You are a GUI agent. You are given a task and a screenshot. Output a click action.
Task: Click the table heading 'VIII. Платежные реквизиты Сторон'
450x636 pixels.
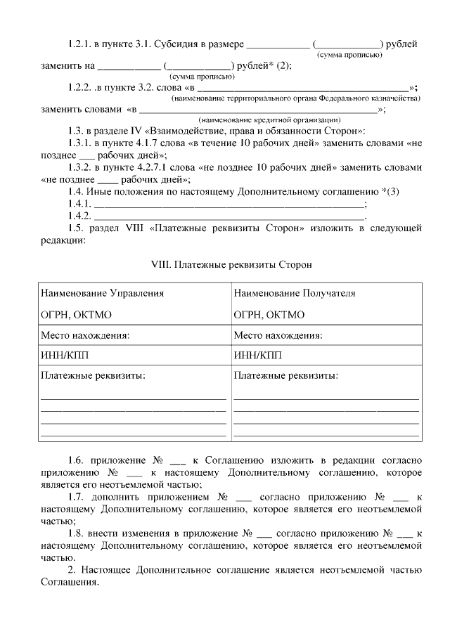pos(231,265)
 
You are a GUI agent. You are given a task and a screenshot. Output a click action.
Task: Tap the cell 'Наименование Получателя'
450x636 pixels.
pos(295,293)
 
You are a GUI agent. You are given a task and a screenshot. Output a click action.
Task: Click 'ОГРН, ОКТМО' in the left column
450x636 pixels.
pos(76,315)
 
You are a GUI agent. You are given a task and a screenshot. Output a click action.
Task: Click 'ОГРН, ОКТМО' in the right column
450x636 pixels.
pos(269,315)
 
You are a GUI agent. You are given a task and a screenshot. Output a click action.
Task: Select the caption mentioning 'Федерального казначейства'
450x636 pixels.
pos(295,98)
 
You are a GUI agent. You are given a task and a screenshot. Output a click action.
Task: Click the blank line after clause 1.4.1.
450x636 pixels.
pos(229,205)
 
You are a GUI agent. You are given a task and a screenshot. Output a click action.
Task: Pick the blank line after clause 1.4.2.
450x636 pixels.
pos(229,216)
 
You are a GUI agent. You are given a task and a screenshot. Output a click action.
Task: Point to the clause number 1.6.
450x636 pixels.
pos(77,460)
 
